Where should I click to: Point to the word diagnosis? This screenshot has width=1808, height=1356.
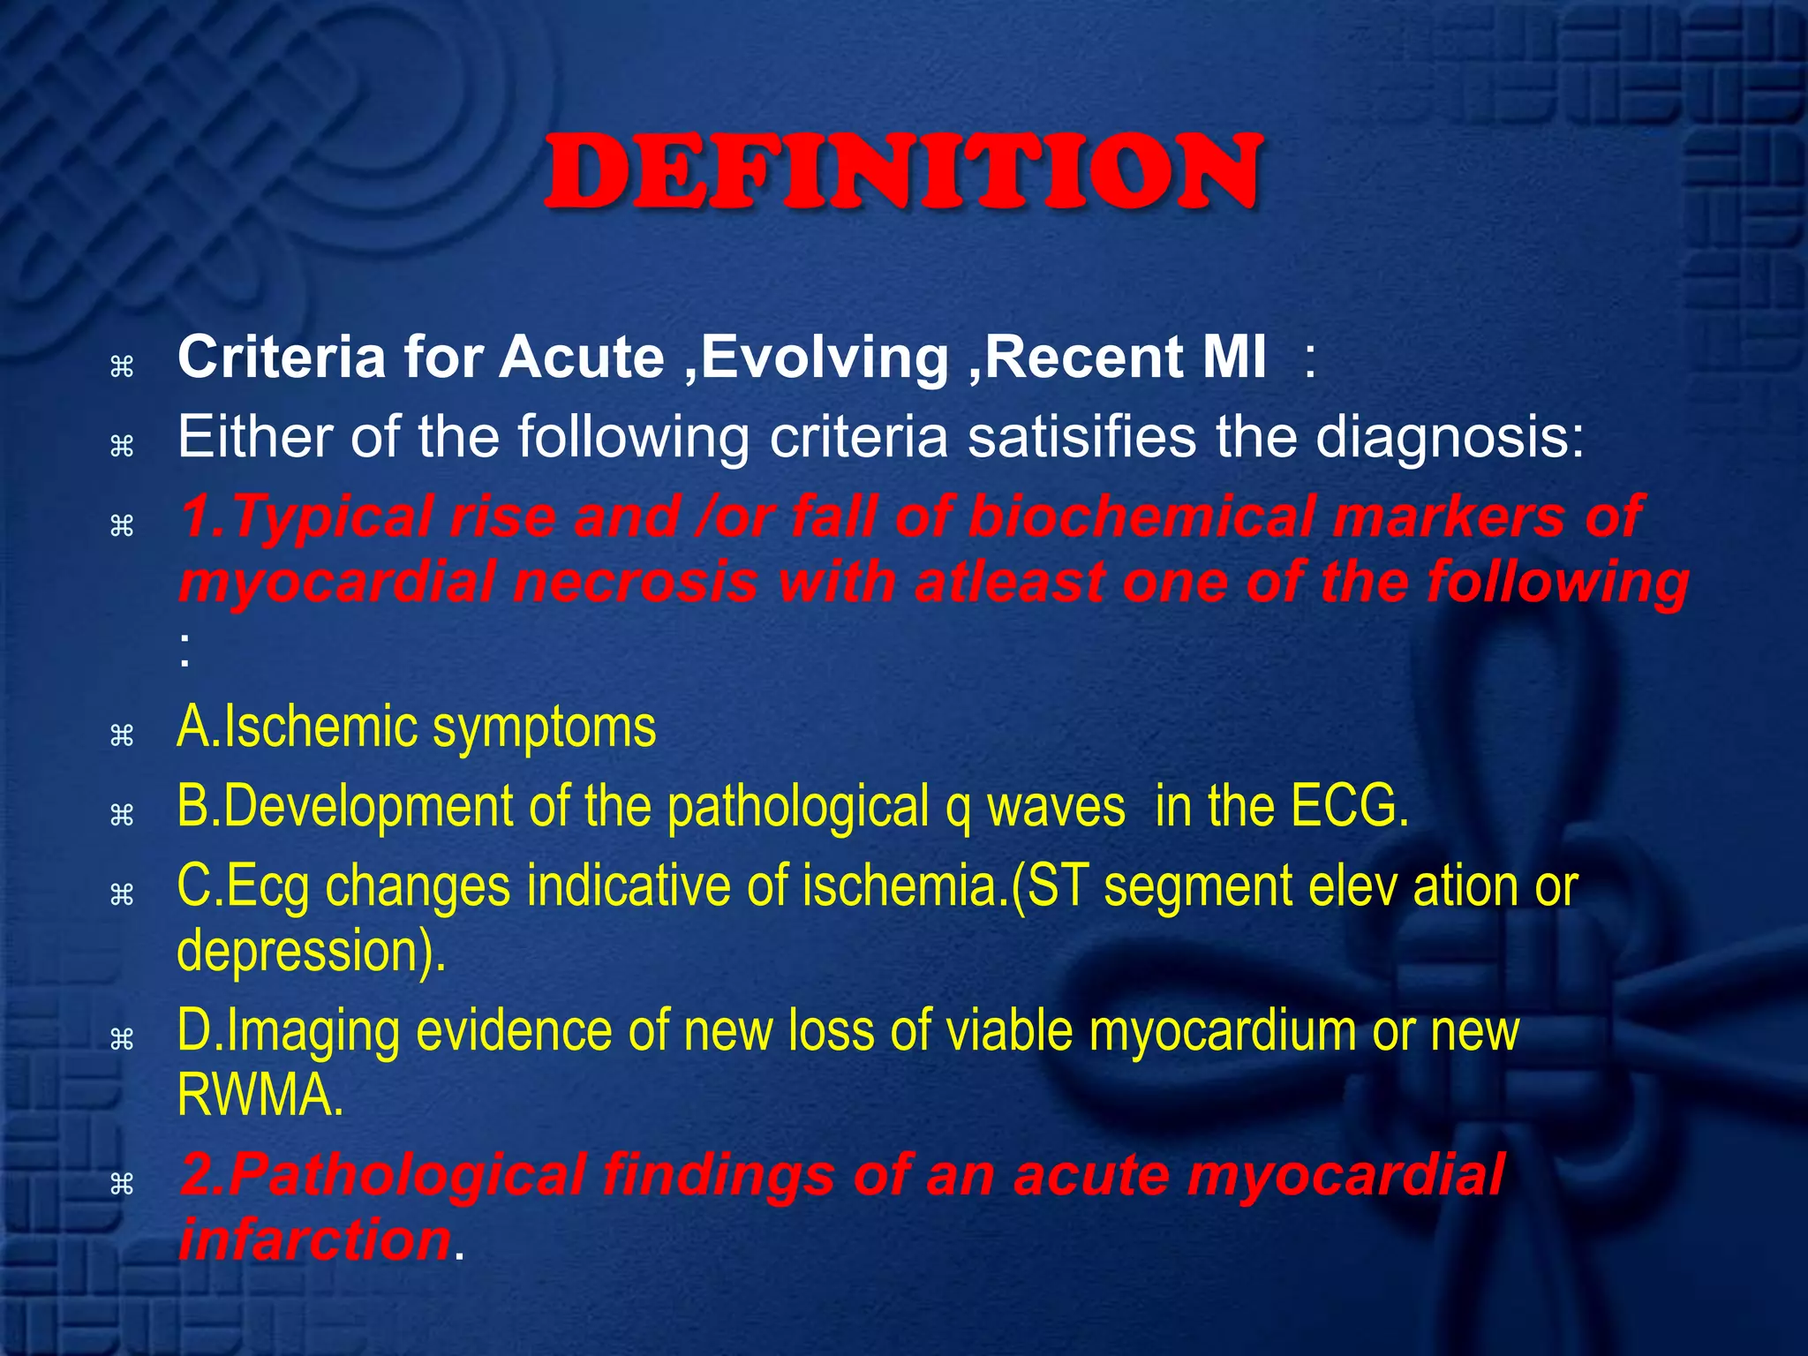[1448, 437]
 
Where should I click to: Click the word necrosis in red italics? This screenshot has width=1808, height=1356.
[636, 584]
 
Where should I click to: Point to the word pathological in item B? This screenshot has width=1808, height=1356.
[798, 807]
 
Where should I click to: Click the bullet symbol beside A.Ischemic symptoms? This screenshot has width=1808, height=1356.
[122, 734]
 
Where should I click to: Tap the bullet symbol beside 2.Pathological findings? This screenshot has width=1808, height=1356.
[122, 1184]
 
